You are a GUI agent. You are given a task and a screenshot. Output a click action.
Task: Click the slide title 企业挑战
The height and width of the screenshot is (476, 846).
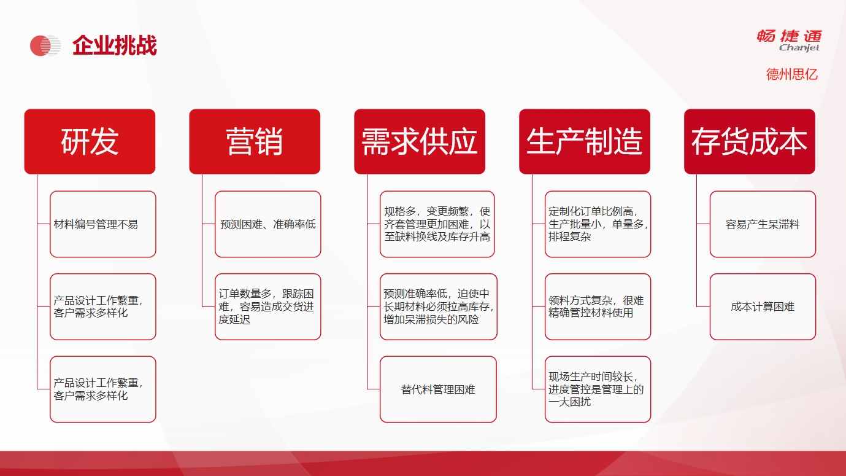(x=115, y=45)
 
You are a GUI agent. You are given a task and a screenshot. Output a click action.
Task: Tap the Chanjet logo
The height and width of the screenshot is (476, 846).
(x=790, y=40)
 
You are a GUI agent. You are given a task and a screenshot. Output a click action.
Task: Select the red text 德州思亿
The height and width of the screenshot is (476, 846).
(x=791, y=74)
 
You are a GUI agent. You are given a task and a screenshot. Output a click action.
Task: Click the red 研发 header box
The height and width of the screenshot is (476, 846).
(x=90, y=141)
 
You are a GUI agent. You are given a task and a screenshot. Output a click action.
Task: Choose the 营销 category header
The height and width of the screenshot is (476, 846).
(x=255, y=141)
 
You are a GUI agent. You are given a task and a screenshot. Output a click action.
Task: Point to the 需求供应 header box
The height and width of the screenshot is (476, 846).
(x=420, y=141)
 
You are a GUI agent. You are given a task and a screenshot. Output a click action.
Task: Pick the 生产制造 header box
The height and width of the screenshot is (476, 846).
(x=585, y=141)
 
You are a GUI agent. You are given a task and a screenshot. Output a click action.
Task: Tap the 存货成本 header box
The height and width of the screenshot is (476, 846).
(x=750, y=141)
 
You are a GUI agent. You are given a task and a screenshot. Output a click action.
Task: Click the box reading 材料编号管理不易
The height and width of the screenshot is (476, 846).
(x=102, y=224)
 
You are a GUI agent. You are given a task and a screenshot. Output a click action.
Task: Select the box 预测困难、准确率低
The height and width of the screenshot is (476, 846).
(x=267, y=224)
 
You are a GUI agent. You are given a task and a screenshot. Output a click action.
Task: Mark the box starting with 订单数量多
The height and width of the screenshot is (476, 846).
(x=267, y=306)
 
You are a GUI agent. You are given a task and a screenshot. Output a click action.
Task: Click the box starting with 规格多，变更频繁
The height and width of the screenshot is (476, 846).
(x=437, y=224)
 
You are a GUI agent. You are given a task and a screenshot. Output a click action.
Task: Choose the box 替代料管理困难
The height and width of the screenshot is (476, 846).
(x=438, y=389)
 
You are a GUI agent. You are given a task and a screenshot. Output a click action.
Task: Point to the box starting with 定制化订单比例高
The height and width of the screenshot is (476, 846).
(x=598, y=224)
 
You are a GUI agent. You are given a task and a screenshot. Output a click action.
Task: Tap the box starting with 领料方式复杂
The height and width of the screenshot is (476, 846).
(x=598, y=306)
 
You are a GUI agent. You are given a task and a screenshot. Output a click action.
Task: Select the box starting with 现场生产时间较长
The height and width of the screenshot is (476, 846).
(x=598, y=389)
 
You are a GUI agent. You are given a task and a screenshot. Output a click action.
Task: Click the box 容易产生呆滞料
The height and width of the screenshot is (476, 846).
(x=763, y=224)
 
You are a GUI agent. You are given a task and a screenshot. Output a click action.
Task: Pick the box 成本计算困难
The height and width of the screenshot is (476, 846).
(x=763, y=306)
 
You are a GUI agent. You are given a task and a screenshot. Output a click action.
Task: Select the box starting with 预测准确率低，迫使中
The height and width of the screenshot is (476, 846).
(x=439, y=306)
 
